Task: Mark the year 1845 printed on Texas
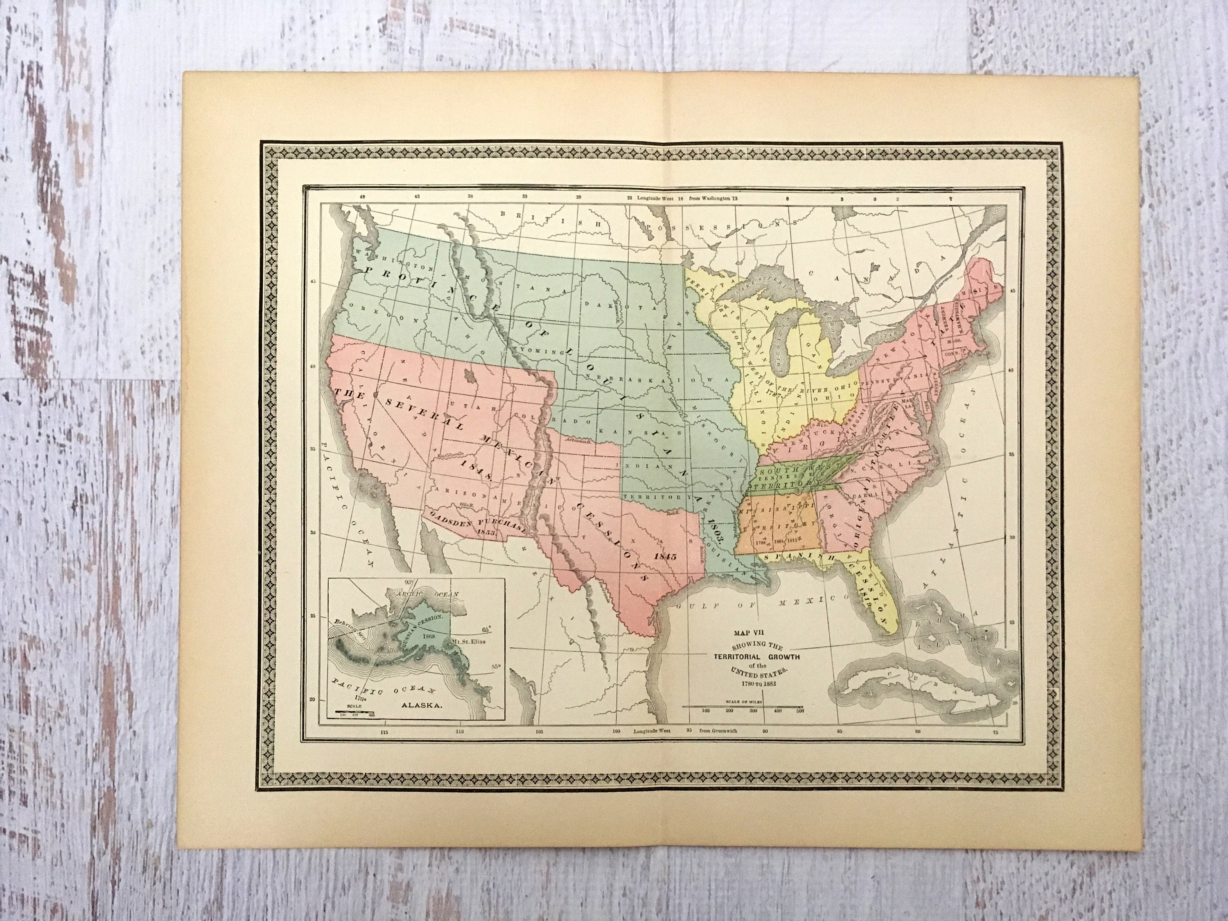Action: [x=666, y=556]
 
